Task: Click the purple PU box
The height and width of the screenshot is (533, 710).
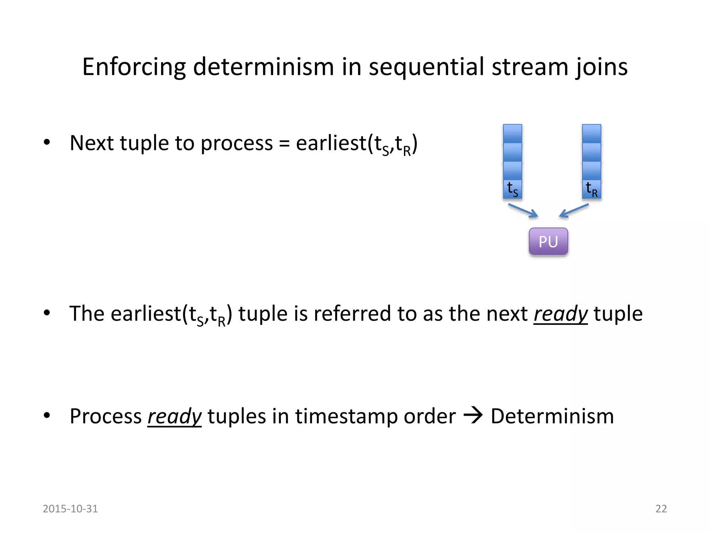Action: [548, 242]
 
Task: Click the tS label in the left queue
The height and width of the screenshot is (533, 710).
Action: [512, 189]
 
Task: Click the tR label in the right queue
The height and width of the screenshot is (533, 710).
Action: [591, 189]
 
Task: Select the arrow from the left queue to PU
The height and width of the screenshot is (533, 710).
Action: [523, 211]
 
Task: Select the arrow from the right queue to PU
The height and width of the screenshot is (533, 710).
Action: [574, 211]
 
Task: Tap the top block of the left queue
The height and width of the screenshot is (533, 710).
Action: [512, 134]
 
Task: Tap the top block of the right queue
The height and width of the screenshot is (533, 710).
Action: [591, 134]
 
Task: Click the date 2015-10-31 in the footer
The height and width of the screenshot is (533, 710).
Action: [70, 509]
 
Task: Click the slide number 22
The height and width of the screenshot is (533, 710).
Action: [661, 509]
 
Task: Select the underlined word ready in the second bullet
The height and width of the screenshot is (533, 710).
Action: [560, 314]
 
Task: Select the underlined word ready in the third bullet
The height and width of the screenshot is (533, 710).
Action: [174, 416]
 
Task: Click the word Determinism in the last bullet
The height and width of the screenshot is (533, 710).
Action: [552, 416]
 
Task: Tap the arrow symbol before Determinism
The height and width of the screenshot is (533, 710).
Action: [473, 416]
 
